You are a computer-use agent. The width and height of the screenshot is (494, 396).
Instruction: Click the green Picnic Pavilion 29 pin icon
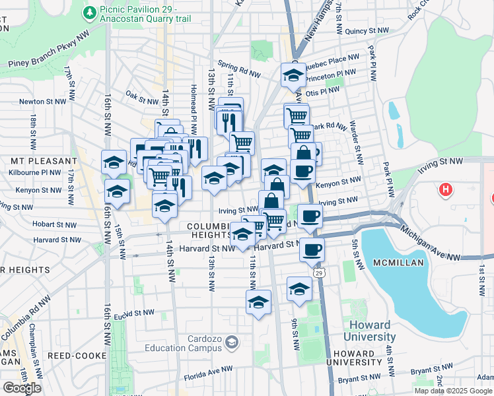[89, 12]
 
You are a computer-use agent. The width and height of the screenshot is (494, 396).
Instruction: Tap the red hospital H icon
[446, 190]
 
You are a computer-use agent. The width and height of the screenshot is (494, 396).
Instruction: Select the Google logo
[22, 387]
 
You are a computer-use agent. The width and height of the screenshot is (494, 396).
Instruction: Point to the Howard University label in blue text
[373, 331]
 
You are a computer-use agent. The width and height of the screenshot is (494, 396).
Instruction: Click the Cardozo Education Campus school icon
[231, 342]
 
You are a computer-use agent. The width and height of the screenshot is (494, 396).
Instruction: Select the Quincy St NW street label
[365, 30]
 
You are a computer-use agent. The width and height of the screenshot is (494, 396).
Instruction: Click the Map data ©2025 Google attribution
[452, 391]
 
